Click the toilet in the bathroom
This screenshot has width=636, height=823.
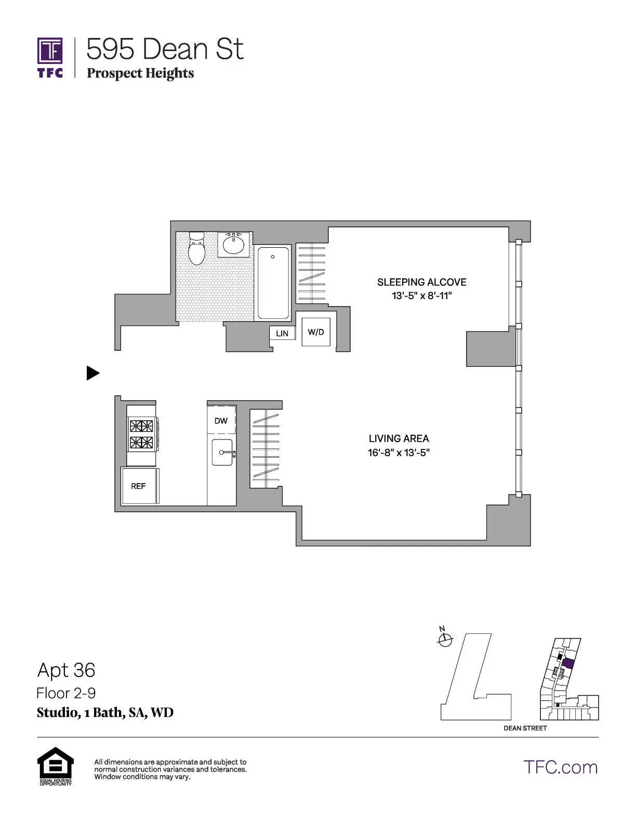point(196,249)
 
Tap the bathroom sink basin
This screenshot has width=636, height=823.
point(234,245)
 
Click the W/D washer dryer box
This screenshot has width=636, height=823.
point(316,332)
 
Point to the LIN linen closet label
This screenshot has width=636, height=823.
point(282,334)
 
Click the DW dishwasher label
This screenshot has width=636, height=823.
point(221,421)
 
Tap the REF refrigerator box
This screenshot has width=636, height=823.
point(139,486)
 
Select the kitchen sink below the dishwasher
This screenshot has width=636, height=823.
point(222,452)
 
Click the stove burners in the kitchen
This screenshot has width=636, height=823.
point(141,434)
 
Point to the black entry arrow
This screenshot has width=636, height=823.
point(92,373)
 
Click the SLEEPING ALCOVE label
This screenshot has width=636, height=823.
point(421,282)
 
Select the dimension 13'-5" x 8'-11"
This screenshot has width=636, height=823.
point(421,296)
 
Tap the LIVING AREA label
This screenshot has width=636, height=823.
point(399,439)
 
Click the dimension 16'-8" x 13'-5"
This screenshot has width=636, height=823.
point(399,453)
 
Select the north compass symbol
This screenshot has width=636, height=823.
point(445,640)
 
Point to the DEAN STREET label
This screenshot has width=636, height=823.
point(525,728)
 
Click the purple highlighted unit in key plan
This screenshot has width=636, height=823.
point(568,663)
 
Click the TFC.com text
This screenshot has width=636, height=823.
point(560,767)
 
